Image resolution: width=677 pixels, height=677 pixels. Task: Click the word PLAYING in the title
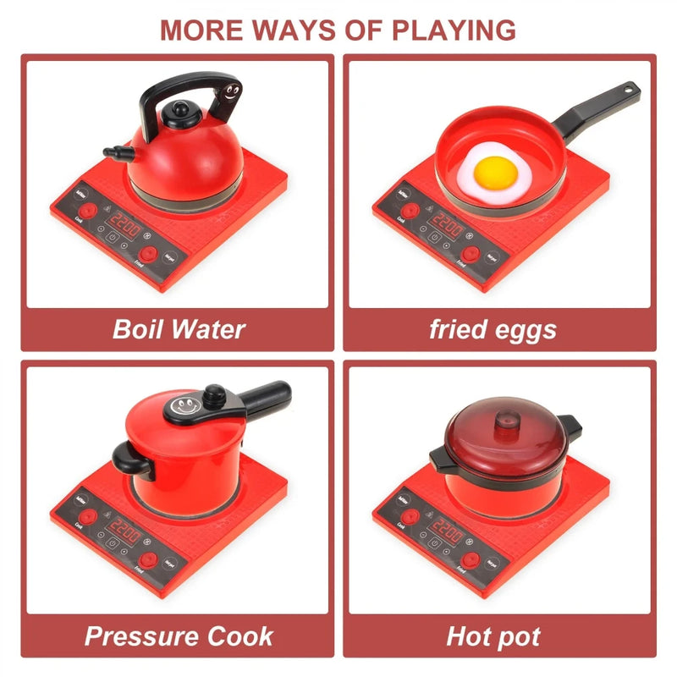(x=454, y=29)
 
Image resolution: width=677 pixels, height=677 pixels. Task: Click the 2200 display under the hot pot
(x=446, y=533)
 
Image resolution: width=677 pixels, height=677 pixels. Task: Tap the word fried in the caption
(x=458, y=328)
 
